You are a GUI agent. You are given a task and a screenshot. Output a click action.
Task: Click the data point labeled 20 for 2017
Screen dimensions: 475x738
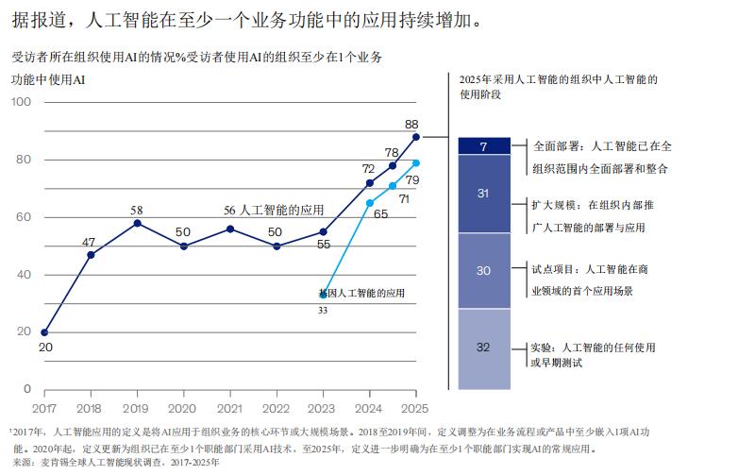(x=44, y=332)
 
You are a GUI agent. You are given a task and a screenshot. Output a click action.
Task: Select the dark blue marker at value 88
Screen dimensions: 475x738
(x=416, y=136)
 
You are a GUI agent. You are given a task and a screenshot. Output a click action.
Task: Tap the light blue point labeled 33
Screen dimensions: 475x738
(x=324, y=294)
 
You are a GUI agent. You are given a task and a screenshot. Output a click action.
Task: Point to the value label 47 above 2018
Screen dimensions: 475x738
(x=90, y=243)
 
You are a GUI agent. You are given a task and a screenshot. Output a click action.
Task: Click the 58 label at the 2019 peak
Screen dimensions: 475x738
(x=136, y=211)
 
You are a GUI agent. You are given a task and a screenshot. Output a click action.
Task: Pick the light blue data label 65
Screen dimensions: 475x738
(x=380, y=214)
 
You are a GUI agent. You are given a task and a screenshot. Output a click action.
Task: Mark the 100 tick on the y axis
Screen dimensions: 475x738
(x=21, y=101)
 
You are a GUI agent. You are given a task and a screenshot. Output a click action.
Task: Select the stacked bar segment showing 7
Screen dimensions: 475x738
(x=483, y=146)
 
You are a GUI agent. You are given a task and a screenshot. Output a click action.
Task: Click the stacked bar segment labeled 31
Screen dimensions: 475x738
(x=483, y=194)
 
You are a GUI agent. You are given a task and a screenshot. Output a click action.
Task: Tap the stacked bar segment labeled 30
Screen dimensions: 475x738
(x=483, y=271)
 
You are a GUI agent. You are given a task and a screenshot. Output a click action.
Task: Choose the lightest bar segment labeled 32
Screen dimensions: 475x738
(x=483, y=348)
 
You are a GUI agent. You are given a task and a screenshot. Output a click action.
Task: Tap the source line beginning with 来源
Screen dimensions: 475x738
(x=115, y=463)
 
